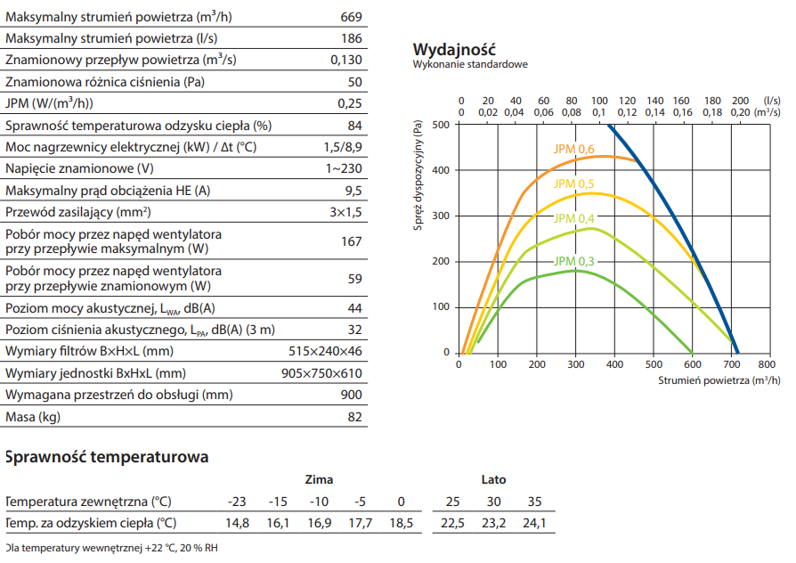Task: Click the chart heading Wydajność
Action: point(454,49)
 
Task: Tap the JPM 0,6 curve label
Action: point(575,149)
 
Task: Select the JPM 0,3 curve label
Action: point(574,261)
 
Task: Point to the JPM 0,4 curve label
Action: point(574,218)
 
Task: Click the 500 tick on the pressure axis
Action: point(442,125)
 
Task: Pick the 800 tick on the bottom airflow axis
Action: point(767,364)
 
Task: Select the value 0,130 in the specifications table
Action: point(346,61)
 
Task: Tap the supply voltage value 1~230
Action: point(344,168)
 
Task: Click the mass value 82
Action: point(354,416)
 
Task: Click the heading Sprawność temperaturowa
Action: point(107,457)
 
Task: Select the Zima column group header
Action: point(319,480)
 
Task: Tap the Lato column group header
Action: point(493,480)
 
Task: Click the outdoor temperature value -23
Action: point(237,501)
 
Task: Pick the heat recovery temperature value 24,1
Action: point(534,523)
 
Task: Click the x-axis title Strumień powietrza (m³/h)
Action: point(719,380)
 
